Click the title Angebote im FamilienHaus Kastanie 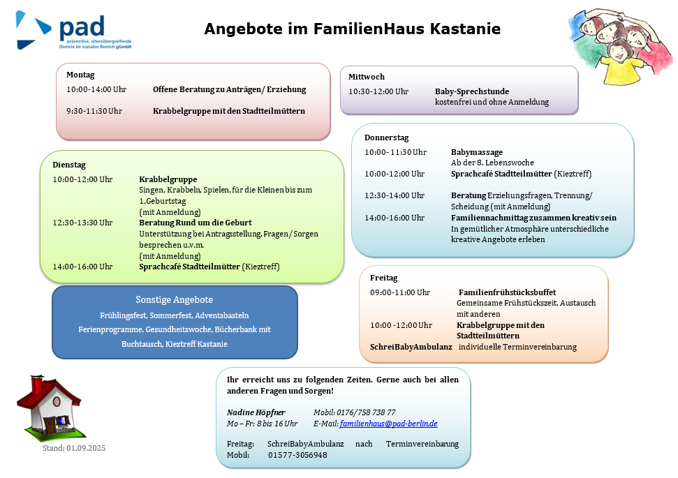(x=352, y=29)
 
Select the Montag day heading (x=80, y=75)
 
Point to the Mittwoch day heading (x=367, y=77)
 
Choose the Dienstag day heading (x=69, y=165)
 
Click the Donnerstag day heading (x=386, y=137)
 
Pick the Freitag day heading (x=383, y=278)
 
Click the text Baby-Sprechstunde (x=472, y=91)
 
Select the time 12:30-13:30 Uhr (x=82, y=223)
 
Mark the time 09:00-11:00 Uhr (x=399, y=292)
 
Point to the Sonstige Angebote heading (x=174, y=299)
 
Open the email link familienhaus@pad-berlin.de (x=388, y=424)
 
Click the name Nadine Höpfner (x=256, y=412)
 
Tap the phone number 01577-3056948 (x=297, y=455)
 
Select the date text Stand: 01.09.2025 (x=74, y=448)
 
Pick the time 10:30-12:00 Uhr (x=378, y=91)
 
